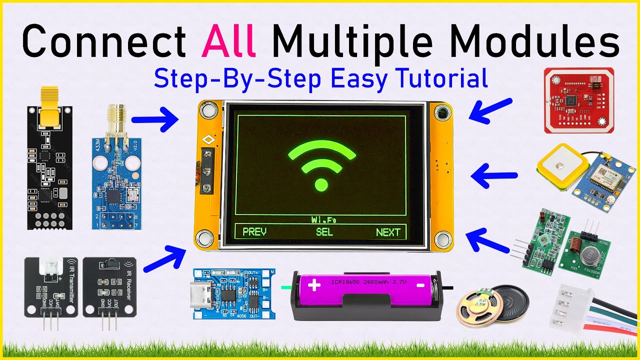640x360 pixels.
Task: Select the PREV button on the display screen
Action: (x=254, y=232)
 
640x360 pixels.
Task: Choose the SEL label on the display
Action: (x=324, y=232)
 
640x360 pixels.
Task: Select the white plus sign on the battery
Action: (x=314, y=286)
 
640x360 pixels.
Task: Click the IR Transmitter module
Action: (x=51, y=287)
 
